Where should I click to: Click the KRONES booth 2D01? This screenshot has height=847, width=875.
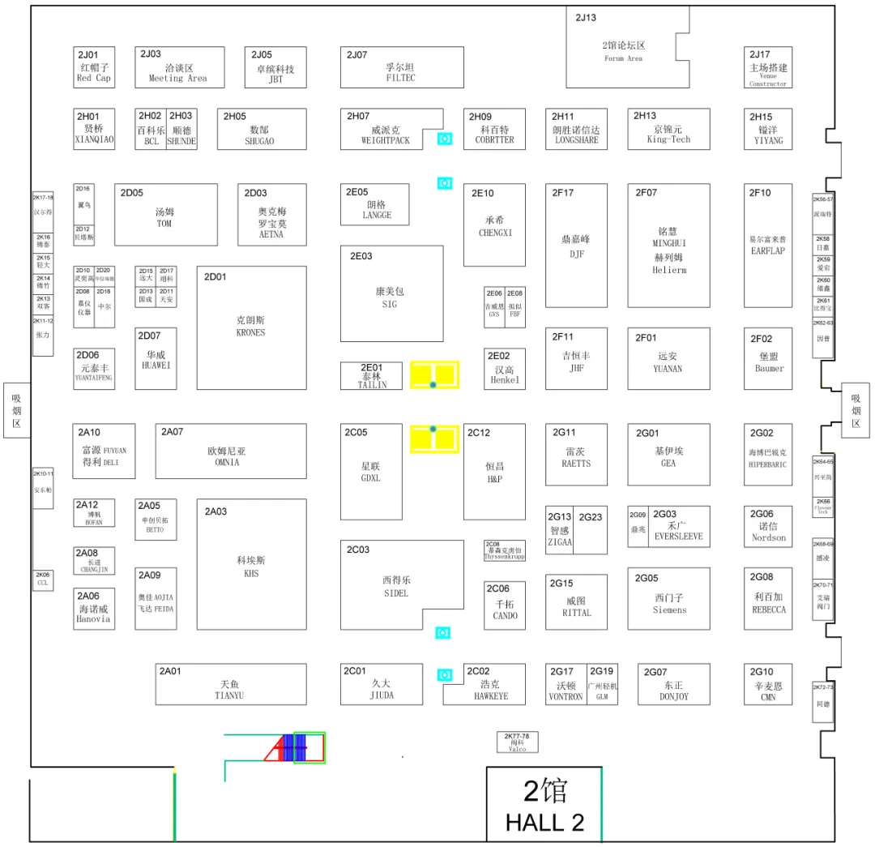tap(251, 327)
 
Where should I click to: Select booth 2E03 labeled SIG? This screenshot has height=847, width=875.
tap(391, 294)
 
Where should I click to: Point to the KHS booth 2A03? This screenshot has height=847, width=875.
tap(251, 564)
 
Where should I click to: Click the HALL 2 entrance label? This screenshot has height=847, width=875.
tap(544, 805)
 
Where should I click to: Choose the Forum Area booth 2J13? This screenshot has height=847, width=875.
tap(624, 50)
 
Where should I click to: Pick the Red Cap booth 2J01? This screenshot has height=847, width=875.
tap(94, 67)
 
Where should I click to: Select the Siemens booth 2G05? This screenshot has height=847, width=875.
tap(668, 598)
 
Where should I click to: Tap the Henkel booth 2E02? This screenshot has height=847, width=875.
tap(505, 369)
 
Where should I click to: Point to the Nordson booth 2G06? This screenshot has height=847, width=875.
tap(768, 526)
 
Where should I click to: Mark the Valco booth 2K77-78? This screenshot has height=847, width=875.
tap(517, 742)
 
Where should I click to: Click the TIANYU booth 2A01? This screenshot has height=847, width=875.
tap(230, 684)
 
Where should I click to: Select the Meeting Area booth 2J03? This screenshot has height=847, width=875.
tap(179, 67)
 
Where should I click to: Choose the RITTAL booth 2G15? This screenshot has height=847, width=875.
tap(576, 601)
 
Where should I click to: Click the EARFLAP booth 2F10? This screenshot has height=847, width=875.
tap(768, 245)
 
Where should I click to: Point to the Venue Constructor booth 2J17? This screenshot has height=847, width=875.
tap(768, 67)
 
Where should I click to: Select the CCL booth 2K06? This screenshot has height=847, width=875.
tap(43, 580)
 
